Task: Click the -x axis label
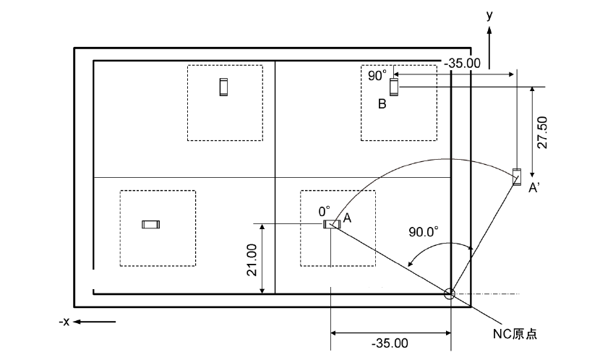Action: point(64,321)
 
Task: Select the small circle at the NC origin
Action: point(450,293)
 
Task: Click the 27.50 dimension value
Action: point(542,131)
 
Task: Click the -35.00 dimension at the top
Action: point(462,63)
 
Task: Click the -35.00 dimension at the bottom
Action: point(391,343)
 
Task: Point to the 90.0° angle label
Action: point(424,232)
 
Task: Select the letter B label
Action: point(382,104)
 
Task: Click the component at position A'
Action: point(516,176)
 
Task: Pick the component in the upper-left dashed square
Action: point(223,86)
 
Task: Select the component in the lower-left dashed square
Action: point(150,225)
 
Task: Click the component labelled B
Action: point(394,87)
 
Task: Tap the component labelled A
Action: point(330,224)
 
